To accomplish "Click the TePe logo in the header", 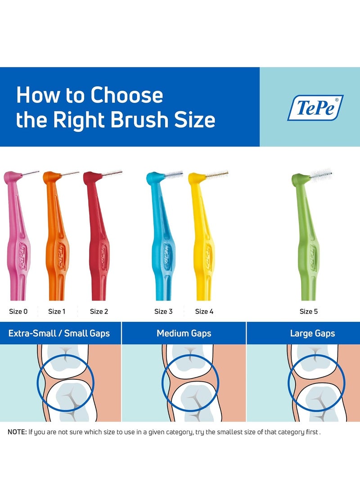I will pos(315,108).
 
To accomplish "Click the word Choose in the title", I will pos(126,96).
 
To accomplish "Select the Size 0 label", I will pos(18,311).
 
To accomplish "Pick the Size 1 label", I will pos(57,311).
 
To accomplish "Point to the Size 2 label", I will pos(99,311).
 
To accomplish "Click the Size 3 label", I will pos(163,311).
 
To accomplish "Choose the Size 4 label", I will pos(204,311).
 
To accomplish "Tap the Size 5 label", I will pos(309,311).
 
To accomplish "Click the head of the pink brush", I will pos(11,177).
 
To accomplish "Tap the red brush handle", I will pos(99,252).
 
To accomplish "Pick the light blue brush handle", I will pos(162,252).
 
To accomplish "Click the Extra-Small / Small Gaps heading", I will pos(59,333).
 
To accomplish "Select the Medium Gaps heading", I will pos(184,333).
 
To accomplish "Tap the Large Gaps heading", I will pos(312,333).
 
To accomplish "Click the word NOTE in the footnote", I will pos(17,432).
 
